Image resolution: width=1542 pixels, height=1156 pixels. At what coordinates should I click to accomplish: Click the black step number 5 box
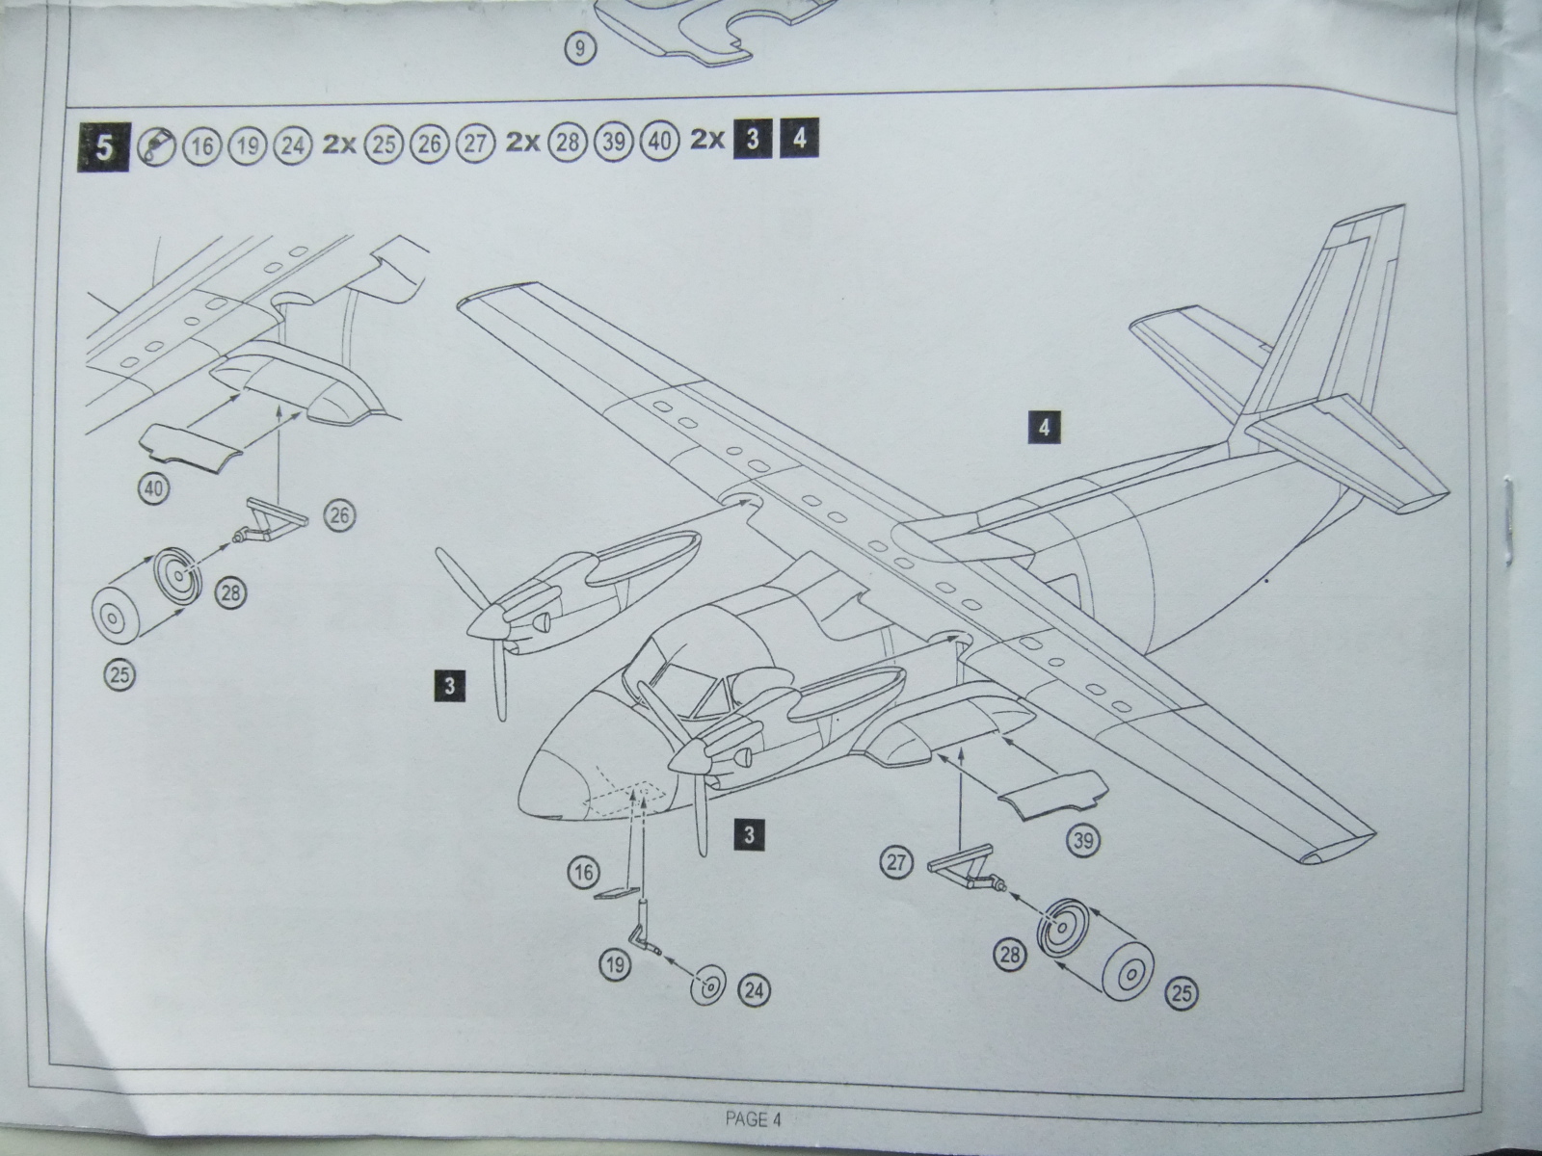104,146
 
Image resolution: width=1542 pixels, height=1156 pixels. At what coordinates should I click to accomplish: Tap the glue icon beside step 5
155,145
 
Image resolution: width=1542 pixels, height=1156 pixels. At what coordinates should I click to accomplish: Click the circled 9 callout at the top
578,48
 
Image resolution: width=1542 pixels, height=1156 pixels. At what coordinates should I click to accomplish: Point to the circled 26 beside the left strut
339,515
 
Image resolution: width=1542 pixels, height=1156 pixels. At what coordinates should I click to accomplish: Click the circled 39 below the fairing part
1083,841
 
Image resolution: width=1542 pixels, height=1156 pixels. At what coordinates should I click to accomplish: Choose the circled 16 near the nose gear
583,874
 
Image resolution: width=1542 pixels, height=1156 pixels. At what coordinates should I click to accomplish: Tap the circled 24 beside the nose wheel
755,989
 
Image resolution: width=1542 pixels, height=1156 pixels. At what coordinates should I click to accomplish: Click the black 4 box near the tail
1044,426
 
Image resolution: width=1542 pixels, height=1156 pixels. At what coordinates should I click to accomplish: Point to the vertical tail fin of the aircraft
1340,318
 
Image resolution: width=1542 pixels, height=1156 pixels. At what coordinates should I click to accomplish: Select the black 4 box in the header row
799,140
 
